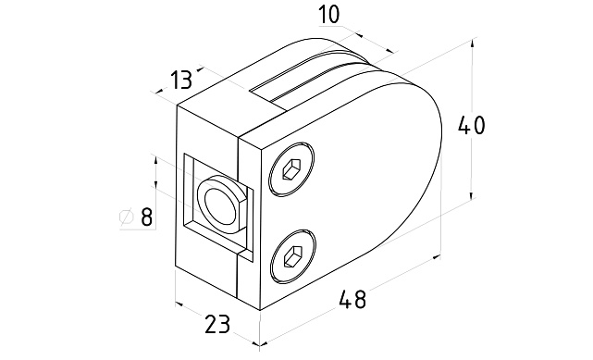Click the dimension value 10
[x=329, y=16]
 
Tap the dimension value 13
[x=180, y=80]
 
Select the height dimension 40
[x=471, y=126]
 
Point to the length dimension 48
[x=352, y=299]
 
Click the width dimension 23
[x=217, y=324]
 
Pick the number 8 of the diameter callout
[x=146, y=217]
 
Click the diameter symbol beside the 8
[x=127, y=217]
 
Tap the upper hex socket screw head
[x=291, y=169]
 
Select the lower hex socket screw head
[x=293, y=256]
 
